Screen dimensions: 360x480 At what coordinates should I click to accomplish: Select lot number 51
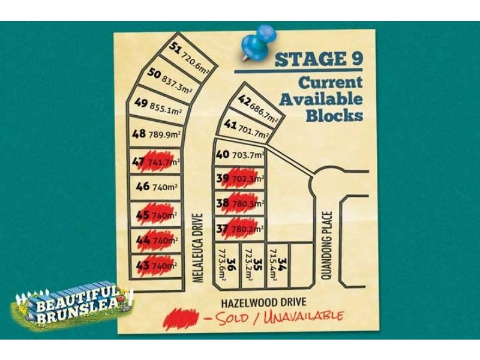(176, 48)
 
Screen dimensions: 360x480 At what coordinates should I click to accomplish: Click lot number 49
(141, 103)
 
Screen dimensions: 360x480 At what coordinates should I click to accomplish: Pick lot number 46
(142, 187)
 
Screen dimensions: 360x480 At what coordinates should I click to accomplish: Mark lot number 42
(244, 101)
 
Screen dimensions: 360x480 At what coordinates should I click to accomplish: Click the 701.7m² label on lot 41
(253, 128)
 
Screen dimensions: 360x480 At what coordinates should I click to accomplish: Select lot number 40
(222, 154)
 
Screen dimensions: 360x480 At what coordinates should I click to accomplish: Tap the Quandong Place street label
(327, 245)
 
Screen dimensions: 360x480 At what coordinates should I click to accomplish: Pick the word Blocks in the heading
(334, 115)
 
